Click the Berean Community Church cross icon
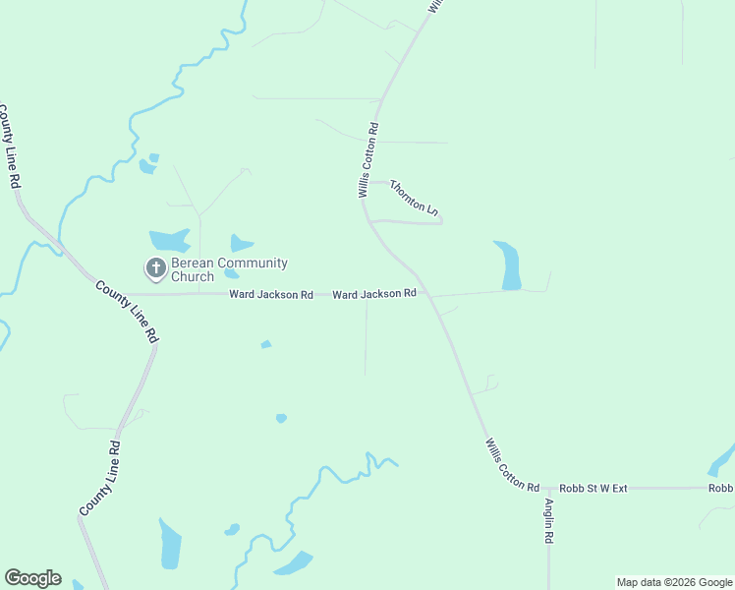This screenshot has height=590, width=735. pyautogui.click(x=155, y=267)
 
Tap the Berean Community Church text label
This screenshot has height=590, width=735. pyautogui.click(x=229, y=269)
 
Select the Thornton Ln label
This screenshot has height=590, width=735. pyautogui.click(x=413, y=198)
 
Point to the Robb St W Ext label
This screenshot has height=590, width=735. pyautogui.click(x=593, y=488)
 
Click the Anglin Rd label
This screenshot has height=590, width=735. pyautogui.click(x=549, y=521)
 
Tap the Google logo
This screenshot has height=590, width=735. pyautogui.click(x=32, y=578)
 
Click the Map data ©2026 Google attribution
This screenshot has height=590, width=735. pyautogui.click(x=674, y=582)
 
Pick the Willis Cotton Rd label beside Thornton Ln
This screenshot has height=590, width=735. pyautogui.click(x=368, y=160)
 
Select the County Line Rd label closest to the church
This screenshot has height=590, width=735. pyautogui.click(x=127, y=311)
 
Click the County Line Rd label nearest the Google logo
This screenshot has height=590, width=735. pyautogui.click(x=99, y=478)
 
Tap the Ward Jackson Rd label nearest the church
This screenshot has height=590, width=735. pyautogui.click(x=271, y=294)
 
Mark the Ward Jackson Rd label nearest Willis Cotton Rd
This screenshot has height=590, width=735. pyautogui.click(x=374, y=294)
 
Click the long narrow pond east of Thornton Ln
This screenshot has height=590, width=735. pyautogui.click(x=509, y=265)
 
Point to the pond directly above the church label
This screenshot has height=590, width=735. pyautogui.click(x=170, y=240)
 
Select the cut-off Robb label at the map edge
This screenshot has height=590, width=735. pyautogui.click(x=721, y=488)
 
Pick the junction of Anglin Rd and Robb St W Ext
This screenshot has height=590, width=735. pyautogui.click(x=548, y=489)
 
